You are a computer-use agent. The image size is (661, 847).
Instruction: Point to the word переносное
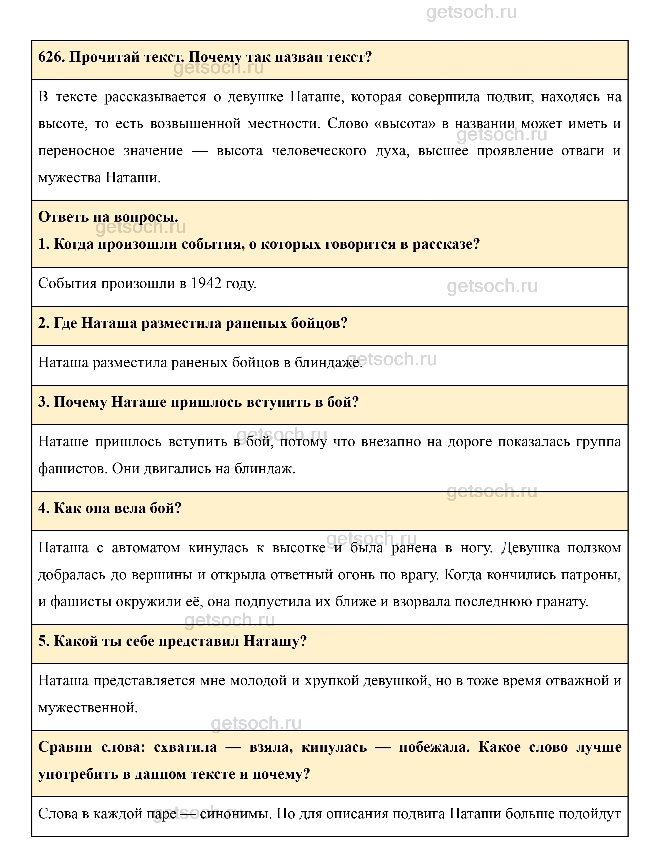click(76, 151)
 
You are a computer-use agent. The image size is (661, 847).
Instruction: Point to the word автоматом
click(146, 548)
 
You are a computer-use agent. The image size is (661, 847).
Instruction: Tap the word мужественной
click(88, 708)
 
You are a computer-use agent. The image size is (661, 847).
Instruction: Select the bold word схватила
click(185, 747)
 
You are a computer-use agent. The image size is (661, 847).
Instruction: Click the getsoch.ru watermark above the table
click(471, 12)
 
